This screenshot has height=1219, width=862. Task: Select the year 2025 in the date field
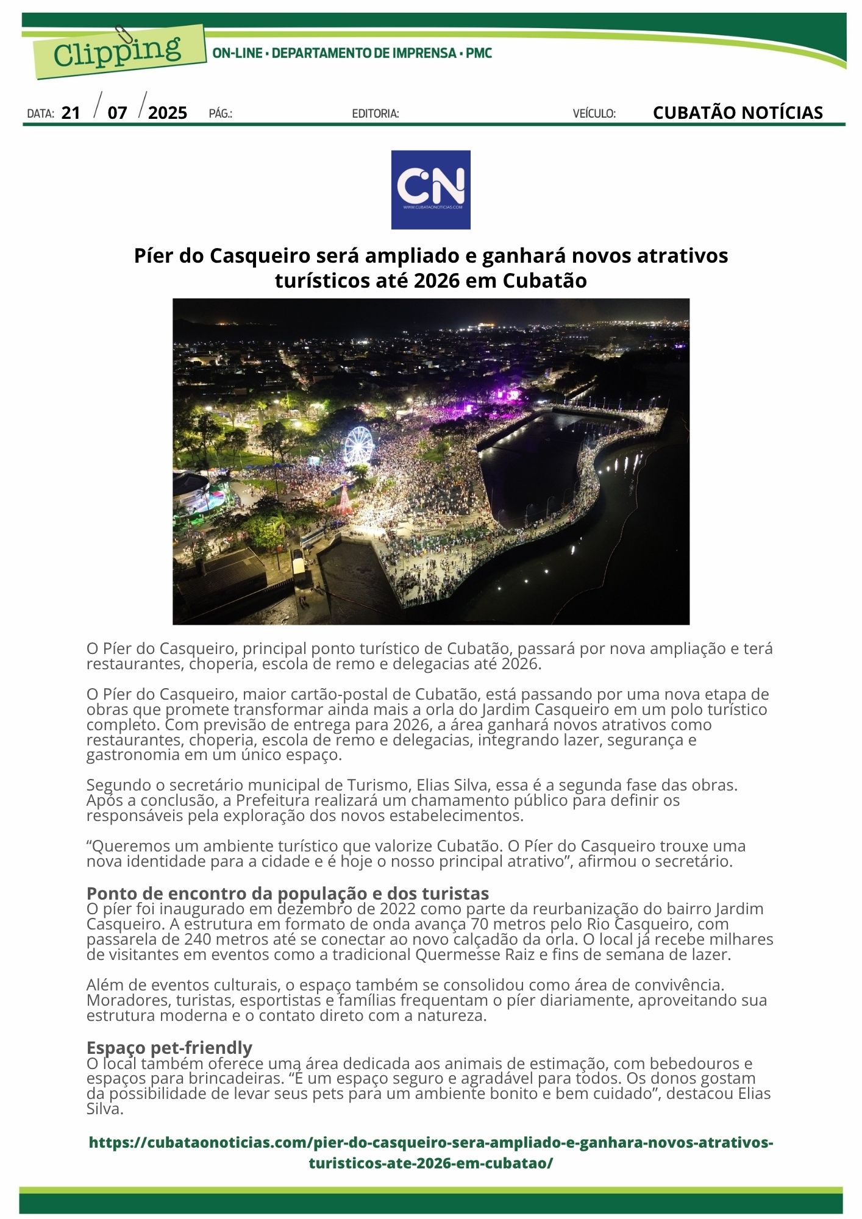(167, 113)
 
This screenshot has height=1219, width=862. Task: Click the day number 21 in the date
(71, 113)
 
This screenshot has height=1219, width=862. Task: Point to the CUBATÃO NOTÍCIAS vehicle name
(737, 113)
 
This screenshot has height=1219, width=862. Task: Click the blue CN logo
(430, 190)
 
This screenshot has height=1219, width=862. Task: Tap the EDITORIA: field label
(376, 113)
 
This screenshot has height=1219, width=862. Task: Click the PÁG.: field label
(220, 113)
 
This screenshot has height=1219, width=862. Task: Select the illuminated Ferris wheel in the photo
(358, 444)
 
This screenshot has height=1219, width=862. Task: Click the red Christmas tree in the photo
(346, 499)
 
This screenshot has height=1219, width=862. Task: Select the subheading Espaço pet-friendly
(169, 1047)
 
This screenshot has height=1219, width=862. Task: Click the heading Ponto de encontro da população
(287, 893)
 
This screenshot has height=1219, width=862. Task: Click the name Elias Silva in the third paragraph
(452, 785)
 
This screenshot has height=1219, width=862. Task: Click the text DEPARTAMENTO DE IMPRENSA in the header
(363, 53)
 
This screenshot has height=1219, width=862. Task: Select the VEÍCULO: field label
(594, 113)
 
